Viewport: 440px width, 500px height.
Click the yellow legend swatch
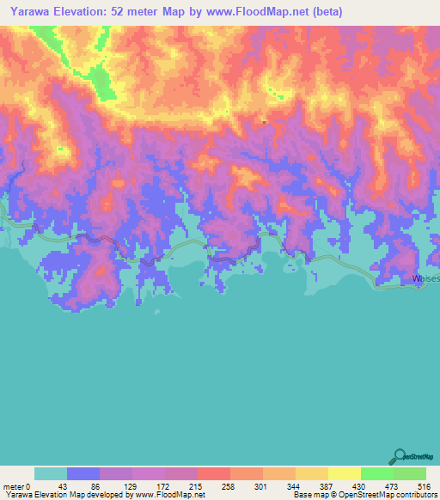(x=344, y=473)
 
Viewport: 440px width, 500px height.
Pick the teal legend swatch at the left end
(x=51, y=473)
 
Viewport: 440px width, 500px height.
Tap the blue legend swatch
(x=83, y=473)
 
